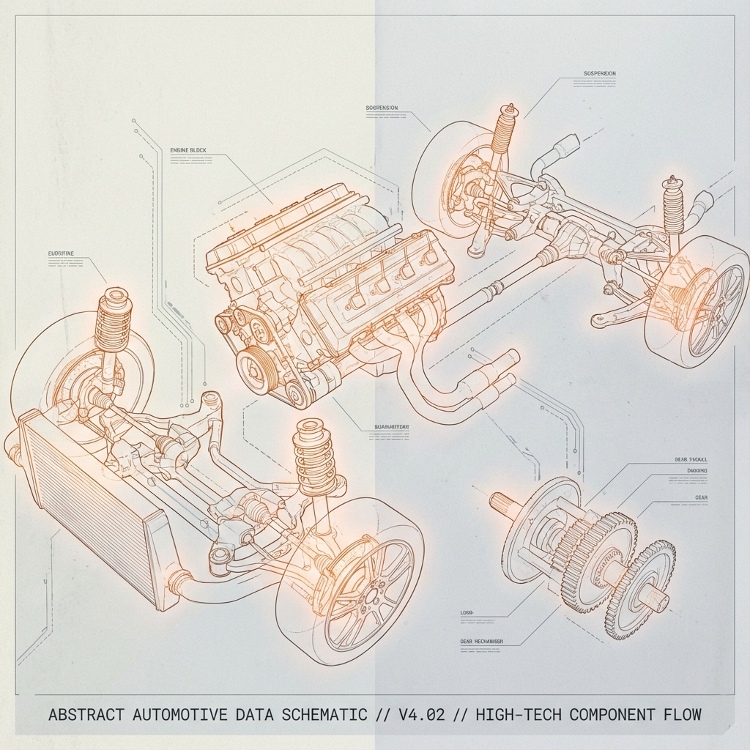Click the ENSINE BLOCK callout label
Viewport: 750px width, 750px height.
[x=188, y=150]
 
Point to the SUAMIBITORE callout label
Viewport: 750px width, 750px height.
[x=386, y=427]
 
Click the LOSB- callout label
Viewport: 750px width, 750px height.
[x=467, y=611]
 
